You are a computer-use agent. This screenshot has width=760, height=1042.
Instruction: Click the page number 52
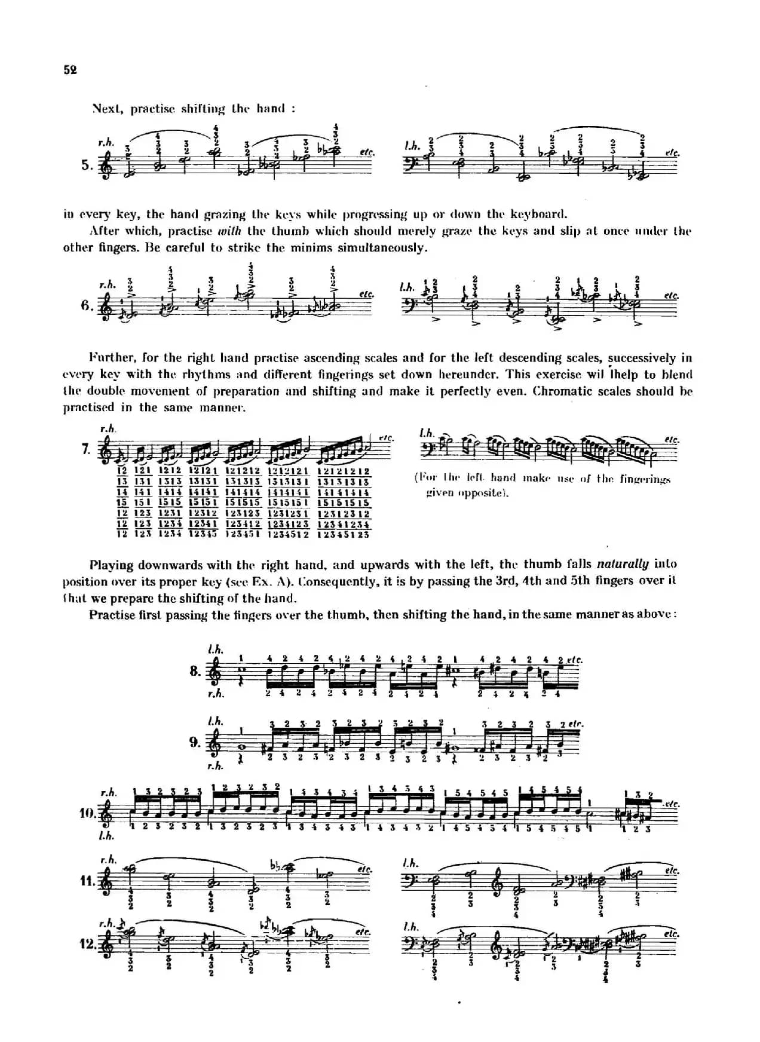[70, 70]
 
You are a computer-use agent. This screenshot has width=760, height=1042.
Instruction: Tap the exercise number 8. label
[195, 671]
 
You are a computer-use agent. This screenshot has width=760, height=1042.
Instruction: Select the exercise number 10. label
[88, 813]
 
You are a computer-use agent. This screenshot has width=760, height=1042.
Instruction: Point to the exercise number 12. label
[88, 945]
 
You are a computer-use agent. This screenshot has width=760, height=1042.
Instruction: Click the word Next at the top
[108, 109]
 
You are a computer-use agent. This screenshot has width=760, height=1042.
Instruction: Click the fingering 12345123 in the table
[344, 535]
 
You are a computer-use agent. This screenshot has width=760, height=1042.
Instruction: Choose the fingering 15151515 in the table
[344, 503]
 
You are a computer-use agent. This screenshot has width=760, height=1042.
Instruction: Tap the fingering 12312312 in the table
[344, 514]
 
